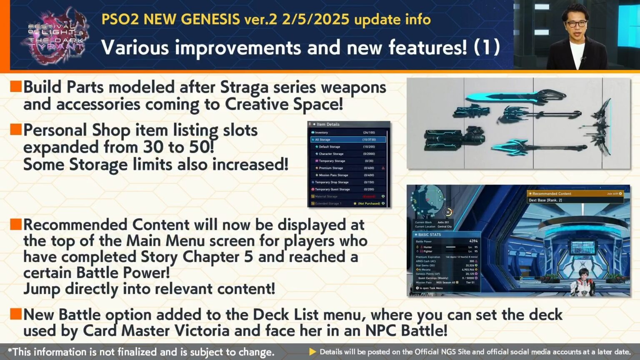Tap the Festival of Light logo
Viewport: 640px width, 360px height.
[x=55, y=37]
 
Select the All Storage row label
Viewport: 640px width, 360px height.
[x=322, y=140]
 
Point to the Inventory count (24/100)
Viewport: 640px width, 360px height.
[x=369, y=132]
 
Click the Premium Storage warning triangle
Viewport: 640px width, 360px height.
[x=383, y=168]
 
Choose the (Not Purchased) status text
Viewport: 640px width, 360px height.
[x=369, y=204]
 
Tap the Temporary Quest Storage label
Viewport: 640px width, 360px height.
[x=332, y=189]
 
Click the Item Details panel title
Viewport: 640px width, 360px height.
[x=328, y=124]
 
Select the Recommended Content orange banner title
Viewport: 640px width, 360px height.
[x=552, y=194]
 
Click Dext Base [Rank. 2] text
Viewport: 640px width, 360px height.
[x=545, y=200]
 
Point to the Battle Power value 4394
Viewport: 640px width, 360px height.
[x=473, y=241]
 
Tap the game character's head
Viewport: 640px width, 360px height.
[x=582, y=275]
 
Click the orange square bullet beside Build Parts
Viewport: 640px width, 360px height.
[x=16, y=86]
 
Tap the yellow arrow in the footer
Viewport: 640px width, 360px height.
[x=312, y=352]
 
